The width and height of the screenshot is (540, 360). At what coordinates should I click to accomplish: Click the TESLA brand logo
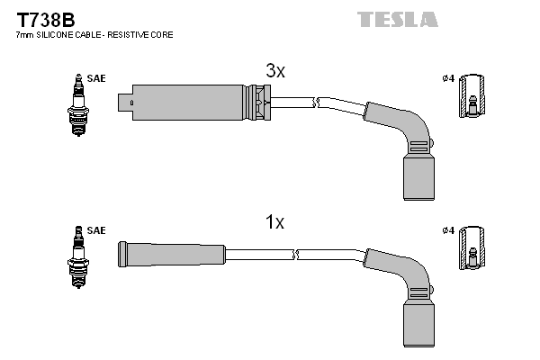tap(397, 18)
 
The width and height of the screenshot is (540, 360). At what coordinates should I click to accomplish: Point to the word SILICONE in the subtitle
tap(60, 35)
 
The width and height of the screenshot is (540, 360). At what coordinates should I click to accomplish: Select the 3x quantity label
tap(274, 71)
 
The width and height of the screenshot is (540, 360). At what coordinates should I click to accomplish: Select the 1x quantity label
tap(274, 222)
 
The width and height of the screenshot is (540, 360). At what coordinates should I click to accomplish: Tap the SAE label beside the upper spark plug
tap(96, 78)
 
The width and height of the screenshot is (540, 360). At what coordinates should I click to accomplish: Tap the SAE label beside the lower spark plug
tap(96, 231)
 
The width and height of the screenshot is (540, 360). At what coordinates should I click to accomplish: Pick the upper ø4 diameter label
tap(448, 78)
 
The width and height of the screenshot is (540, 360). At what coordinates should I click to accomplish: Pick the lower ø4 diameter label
tap(448, 231)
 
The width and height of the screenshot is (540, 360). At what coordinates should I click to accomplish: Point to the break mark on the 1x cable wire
tap(296, 255)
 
